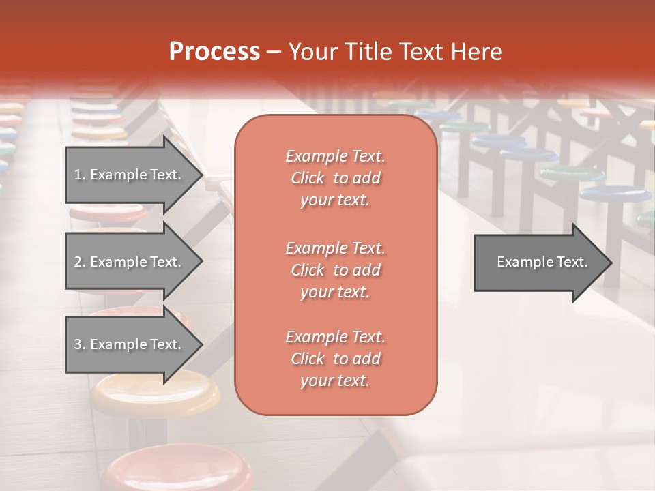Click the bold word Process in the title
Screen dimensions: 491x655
(x=214, y=52)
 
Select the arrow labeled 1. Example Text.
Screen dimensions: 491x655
(x=130, y=175)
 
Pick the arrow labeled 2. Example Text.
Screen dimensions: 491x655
(x=130, y=262)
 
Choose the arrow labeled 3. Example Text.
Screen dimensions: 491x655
(x=130, y=344)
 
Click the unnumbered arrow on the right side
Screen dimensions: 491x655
(x=539, y=262)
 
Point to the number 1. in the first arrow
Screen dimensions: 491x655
(x=80, y=175)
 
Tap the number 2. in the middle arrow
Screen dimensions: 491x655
(x=80, y=262)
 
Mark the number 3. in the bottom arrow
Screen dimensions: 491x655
(x=80, y=344)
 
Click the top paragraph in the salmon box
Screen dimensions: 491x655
(x=335, y=178)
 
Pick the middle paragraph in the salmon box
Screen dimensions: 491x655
(x=335, y=269)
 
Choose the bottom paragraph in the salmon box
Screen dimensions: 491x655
(x=335, y=359)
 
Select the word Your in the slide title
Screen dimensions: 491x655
(x=312, y=52)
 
